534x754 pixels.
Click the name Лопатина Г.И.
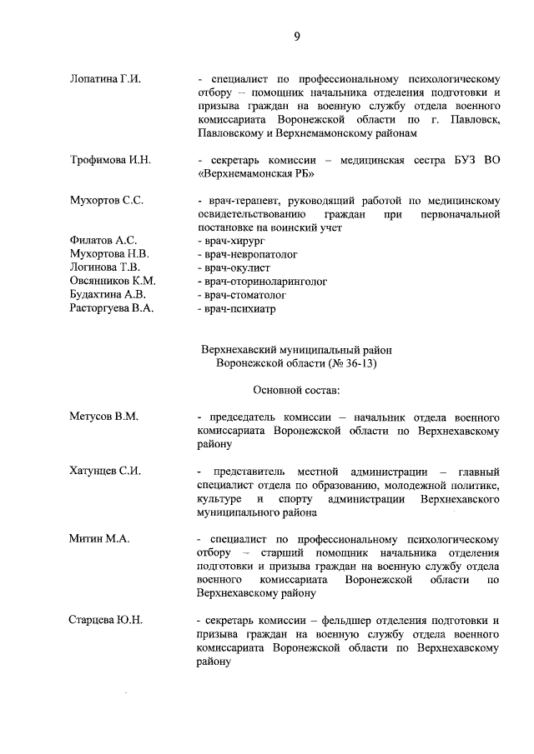(105, 79)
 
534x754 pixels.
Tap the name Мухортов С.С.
(107, 201)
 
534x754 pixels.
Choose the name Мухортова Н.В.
(109, 254)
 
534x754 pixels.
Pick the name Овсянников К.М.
(113, 282)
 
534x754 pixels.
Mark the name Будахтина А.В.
(108, 295)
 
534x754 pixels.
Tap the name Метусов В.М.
(103, 416)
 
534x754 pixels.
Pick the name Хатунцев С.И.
(105, 471)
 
